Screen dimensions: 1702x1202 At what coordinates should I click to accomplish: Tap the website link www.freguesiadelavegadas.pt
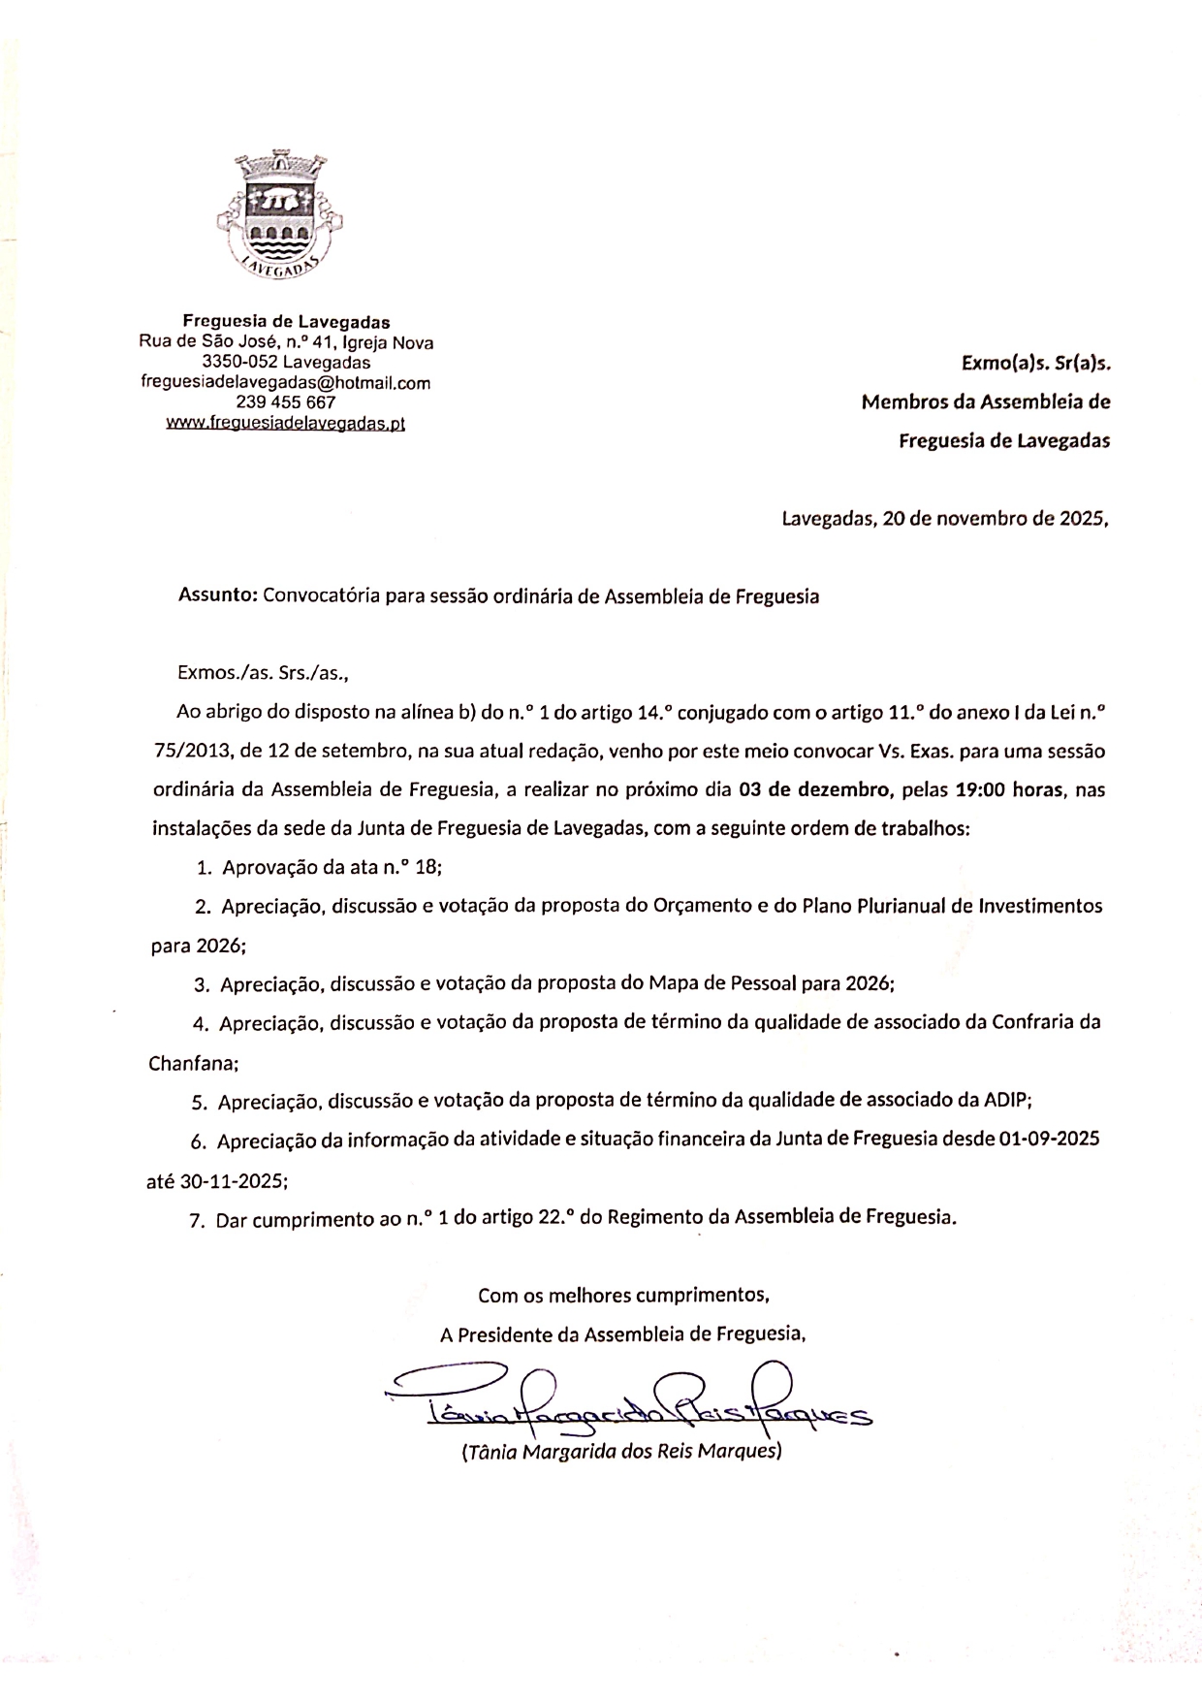coord(285,423)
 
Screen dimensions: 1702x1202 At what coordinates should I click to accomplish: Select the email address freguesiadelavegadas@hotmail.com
coord(285,382)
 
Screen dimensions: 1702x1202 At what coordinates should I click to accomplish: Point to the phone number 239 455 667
coord(285,402)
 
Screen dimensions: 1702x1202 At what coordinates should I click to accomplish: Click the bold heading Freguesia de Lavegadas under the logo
coord(287,321)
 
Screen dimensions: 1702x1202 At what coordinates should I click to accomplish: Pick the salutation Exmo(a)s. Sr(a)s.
coord(1035,364)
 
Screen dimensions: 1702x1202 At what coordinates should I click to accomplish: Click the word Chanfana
coord(191,1063)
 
